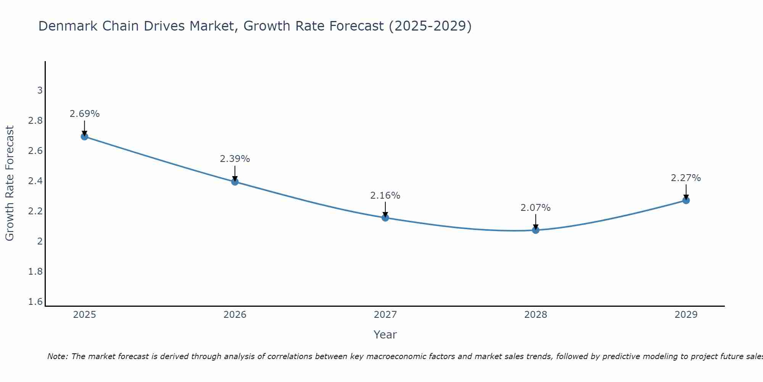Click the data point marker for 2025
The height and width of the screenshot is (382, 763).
[85, 136]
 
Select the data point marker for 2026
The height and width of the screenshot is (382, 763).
[235, 181]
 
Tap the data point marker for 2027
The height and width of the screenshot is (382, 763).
[385, 218]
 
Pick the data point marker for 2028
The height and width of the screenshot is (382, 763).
[536, 230]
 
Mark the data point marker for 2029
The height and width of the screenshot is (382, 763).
[686, 200]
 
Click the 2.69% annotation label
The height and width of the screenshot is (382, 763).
[85, 114]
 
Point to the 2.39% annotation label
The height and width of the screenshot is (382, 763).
[235, 159]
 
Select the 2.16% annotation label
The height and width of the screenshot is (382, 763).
[385, 196]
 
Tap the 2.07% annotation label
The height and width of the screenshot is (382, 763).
[536, 208]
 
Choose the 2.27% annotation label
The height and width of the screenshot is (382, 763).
[686, 178]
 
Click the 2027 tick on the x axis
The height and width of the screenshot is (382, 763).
[385, 315]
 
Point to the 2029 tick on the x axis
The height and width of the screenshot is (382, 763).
[686, 315]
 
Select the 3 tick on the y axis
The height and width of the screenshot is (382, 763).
[40, 91]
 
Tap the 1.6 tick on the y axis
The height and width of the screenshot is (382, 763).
[35, 302]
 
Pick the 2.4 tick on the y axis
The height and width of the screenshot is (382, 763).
[35, 181]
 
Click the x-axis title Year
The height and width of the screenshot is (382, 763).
[385, 335]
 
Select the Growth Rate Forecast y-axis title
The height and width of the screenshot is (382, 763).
[10, 183]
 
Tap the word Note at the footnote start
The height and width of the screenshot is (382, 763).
[57, 356]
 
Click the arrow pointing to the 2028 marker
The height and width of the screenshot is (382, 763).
[536, 222]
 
